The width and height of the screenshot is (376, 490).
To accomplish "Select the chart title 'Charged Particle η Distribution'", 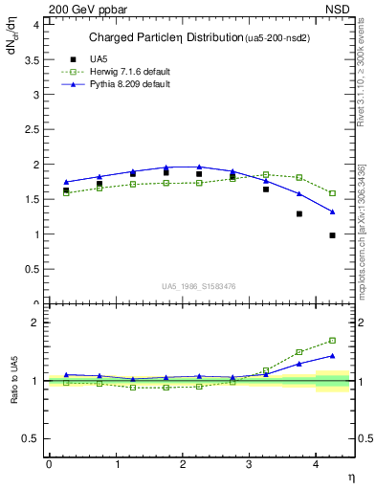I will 162,38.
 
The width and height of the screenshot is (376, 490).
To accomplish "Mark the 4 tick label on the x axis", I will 317,464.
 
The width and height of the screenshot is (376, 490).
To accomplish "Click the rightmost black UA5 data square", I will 332,234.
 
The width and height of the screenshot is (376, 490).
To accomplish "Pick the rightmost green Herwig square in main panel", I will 332,193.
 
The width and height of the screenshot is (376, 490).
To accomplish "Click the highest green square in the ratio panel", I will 332,340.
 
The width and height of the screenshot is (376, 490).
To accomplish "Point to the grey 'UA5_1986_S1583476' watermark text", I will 199,286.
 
